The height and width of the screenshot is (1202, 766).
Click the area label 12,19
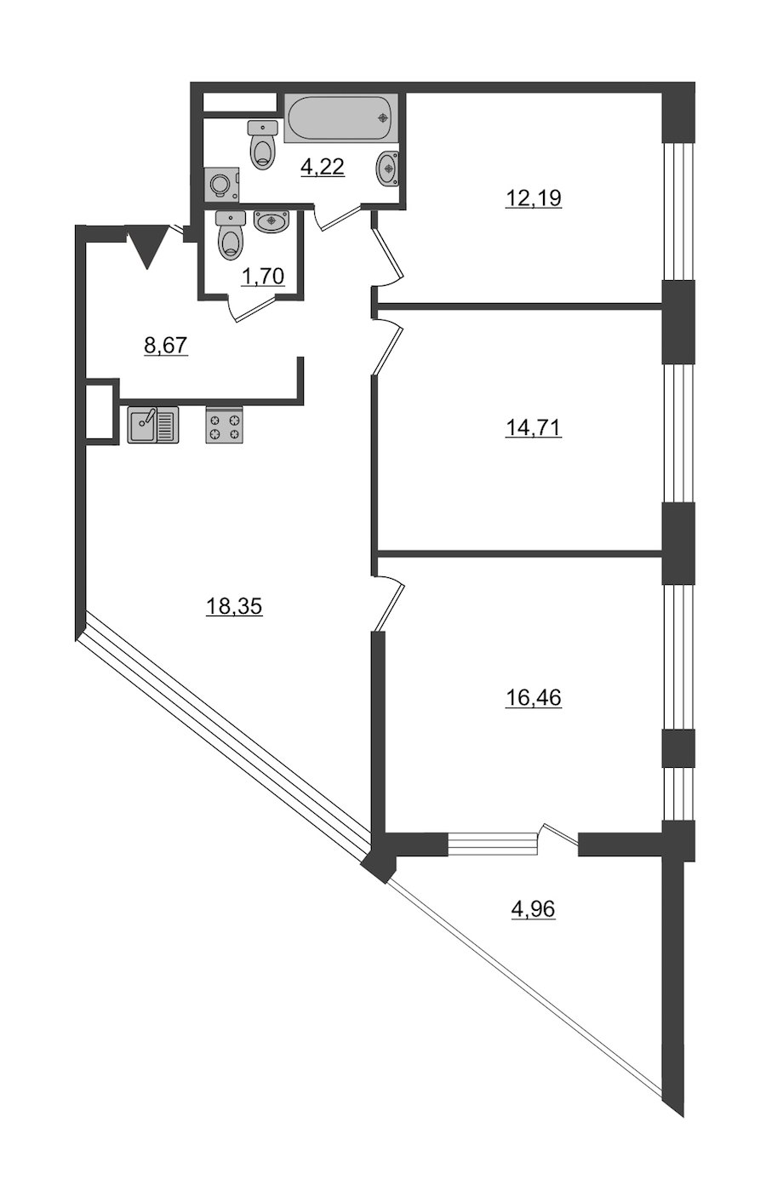click(533, 198)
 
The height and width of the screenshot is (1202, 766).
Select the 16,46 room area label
click(533, 697)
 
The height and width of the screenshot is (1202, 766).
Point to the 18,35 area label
click(234, 606)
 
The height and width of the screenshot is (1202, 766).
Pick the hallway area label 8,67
click(166, 345)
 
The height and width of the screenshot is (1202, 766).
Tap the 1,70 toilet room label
click(263, 277)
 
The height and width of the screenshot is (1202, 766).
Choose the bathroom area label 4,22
click(323, 167)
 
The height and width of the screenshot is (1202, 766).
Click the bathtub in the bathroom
click(341, 118)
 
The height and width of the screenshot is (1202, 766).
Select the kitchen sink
click(153, 425)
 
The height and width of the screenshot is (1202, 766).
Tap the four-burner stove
click(224, 425)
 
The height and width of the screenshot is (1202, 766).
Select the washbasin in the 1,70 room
click(272, 221)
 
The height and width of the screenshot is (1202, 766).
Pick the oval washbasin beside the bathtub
click(387, 168)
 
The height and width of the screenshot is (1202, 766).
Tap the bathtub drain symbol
click(383, 117)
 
